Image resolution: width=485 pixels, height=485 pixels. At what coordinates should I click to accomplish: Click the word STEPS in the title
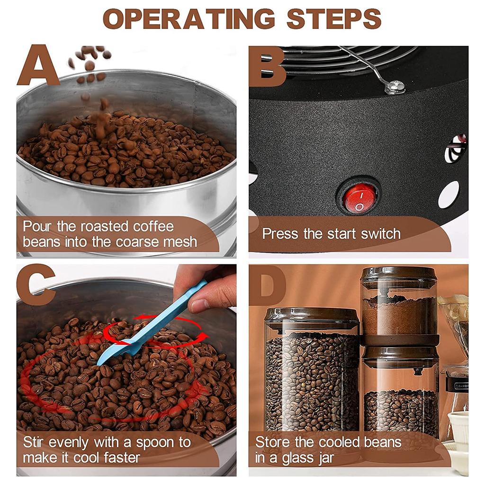click(x=334, y=19)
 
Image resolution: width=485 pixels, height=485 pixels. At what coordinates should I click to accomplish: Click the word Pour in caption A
click(x=38, y=226)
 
